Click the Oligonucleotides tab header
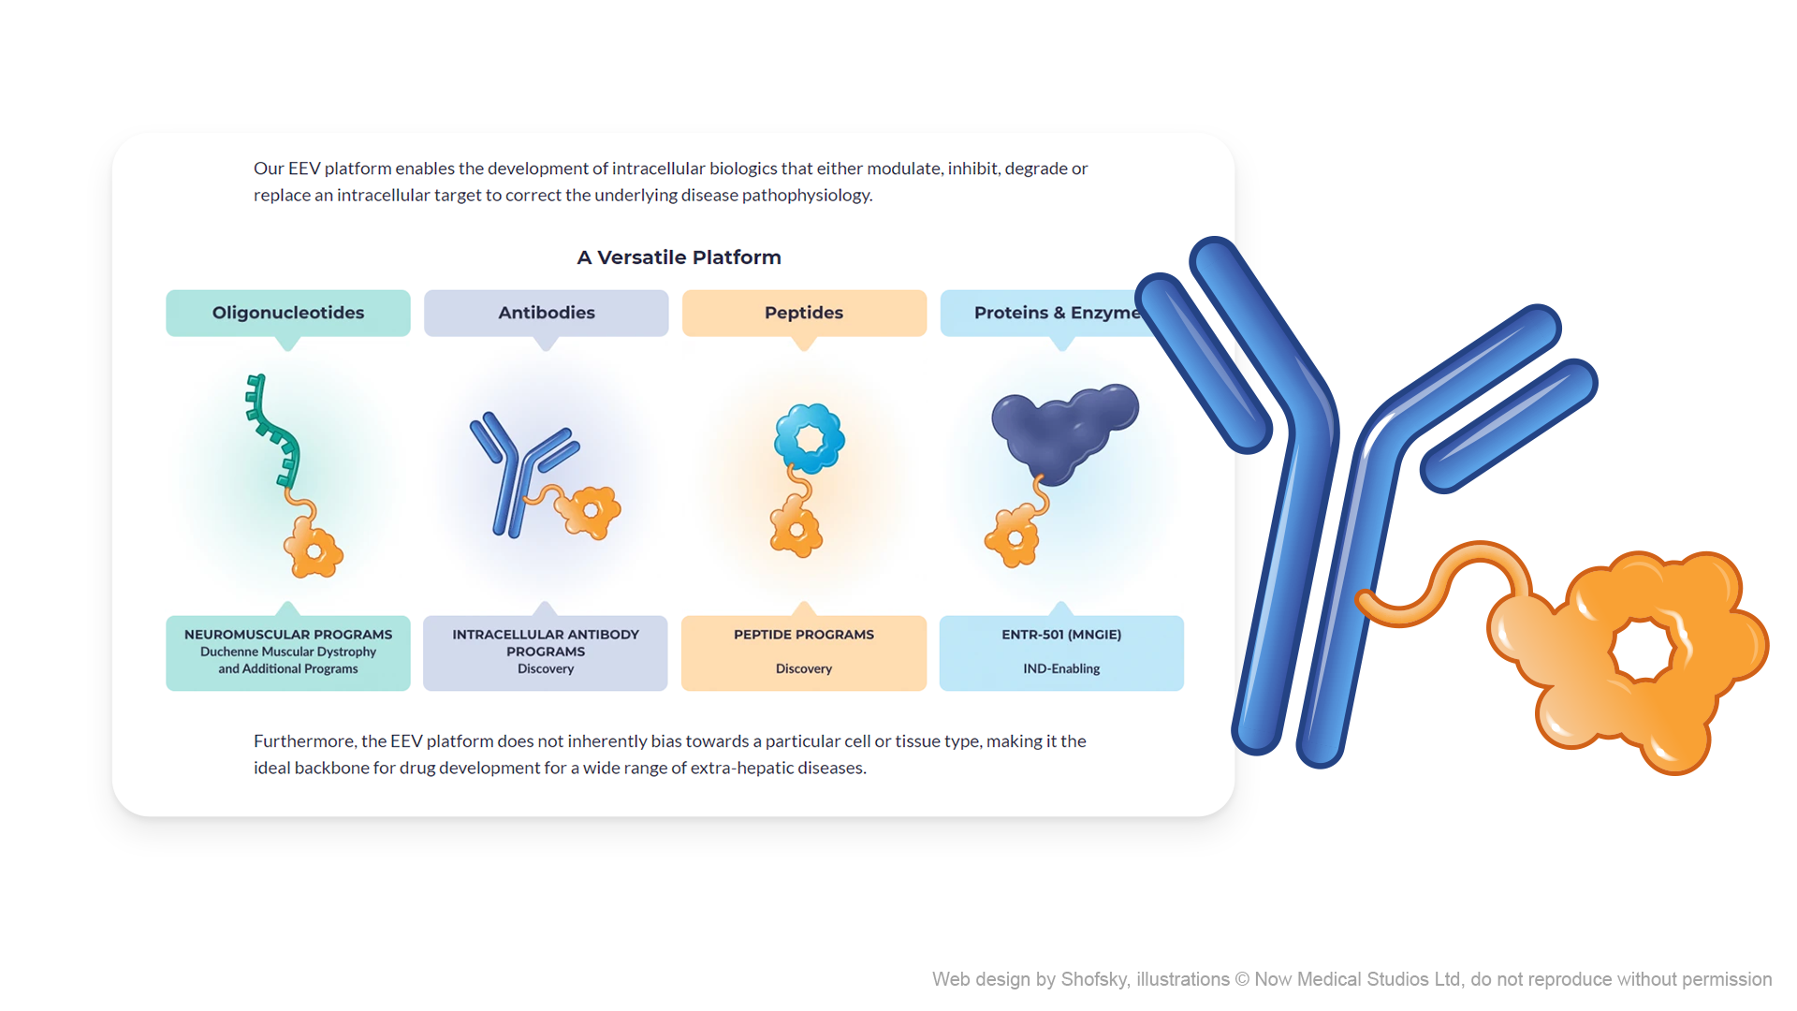click(x=287, y=313)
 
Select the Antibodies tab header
click(x=546, y=313)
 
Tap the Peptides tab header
click(x=804, y=313)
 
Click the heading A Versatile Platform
click(x=679, y=257)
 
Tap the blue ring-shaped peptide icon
click(x=809, y=438)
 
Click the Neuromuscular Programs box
click(x=287, y=652)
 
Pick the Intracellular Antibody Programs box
click(x=546, y=652)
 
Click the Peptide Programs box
click(x=804, y=652)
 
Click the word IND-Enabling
click(x=1061, y=668)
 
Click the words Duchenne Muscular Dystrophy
click(x=287, y=652)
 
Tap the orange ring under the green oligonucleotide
click(x=314, y=551)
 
